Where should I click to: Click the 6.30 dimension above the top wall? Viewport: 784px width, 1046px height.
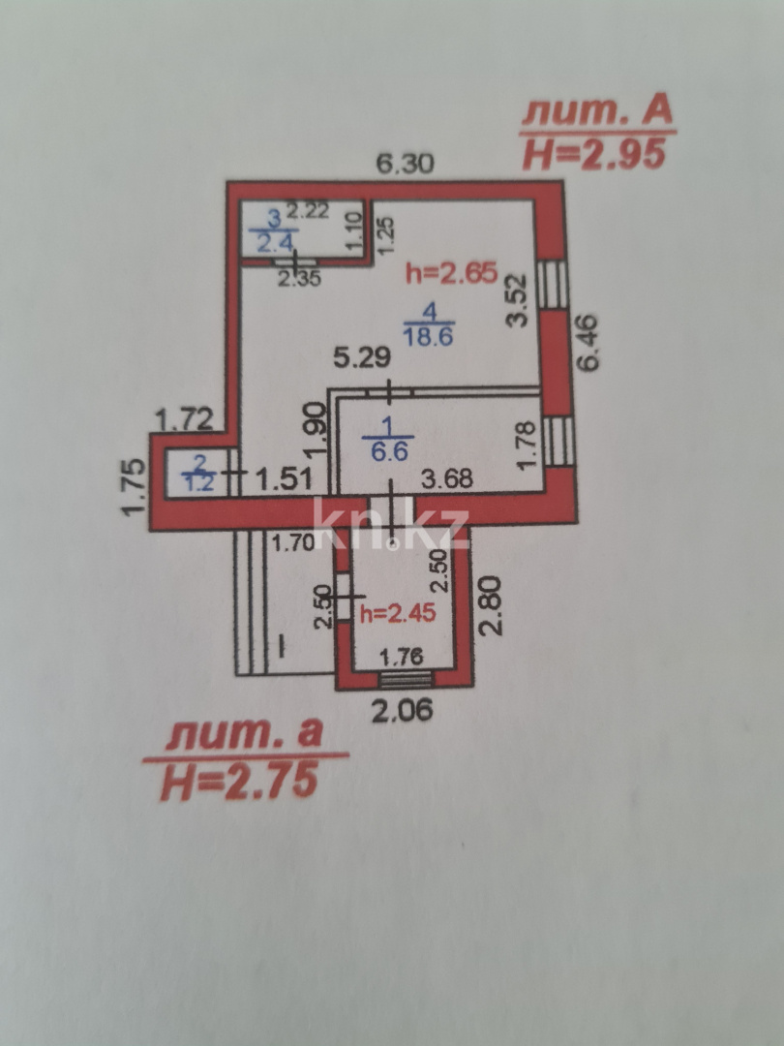tap(406, 164)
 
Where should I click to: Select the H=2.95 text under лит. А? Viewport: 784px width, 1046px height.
tap(594, 155)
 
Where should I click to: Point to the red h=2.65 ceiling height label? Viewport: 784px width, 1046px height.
tap(451, 272)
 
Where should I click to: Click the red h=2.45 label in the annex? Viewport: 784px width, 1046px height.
tap(398, 613)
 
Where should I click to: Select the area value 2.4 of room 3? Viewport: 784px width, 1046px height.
tap(274, 243)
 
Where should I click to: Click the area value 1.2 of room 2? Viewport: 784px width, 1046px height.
tap(198, 482)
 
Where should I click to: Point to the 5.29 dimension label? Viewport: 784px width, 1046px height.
tap(361, 358)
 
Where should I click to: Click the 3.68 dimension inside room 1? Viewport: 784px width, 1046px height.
tap(446, 477)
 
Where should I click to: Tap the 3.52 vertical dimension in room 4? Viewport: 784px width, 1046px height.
tap(517, 301)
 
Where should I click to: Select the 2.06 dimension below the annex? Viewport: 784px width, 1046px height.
tap(402, 711)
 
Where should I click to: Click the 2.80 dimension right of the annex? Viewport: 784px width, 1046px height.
tap(491, 605)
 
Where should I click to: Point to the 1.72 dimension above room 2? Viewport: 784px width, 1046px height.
tap(185, 420)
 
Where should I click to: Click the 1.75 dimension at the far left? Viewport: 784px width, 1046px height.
tap(133, 486)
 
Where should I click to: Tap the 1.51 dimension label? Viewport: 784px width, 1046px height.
tap(284, 478)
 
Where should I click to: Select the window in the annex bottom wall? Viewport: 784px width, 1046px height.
tap(405, 680)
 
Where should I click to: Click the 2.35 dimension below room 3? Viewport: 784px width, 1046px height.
tap(299, 278)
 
